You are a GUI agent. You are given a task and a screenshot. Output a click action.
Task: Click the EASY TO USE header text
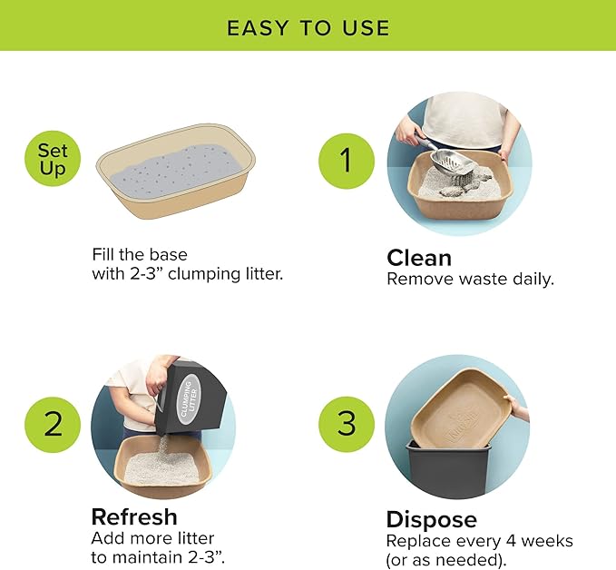point(308,27)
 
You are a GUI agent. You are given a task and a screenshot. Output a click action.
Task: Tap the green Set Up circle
point(53,160)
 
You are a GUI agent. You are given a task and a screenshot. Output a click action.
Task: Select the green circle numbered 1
point(346,161)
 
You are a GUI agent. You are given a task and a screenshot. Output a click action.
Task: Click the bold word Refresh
point(134,517)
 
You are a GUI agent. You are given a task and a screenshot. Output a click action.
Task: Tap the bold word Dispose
point(432,519)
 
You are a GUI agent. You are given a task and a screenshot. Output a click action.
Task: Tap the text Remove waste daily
point(470,279)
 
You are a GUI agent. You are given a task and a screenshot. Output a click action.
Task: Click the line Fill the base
point(140,254)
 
